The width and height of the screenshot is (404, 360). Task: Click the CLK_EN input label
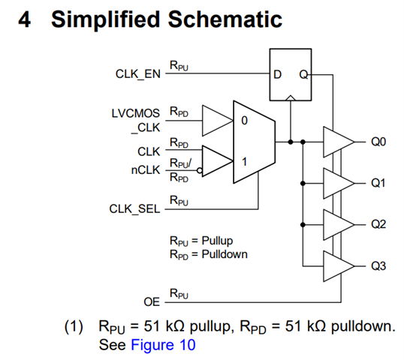[x=138, y=74]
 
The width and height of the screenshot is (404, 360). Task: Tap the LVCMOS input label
[x=136, y=113]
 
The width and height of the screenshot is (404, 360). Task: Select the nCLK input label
[x=146, y=170]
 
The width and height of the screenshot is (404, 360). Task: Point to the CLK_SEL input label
[x=134, y=209]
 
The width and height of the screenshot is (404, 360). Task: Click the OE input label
[x=152, y=301]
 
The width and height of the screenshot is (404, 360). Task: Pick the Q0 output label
[x=378, y=142]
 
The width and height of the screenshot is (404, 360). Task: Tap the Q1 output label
[x=378, y=183]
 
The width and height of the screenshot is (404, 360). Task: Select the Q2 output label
[x=378, y=225]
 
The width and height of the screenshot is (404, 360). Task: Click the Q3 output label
[x=378, y=265]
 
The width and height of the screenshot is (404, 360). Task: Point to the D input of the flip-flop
[x=277, y=74]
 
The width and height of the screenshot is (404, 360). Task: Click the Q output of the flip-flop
[x=303, y=74]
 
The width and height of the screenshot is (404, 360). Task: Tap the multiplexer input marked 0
[x=244, y=121]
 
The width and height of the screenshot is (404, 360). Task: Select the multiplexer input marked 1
[x=244, y=162]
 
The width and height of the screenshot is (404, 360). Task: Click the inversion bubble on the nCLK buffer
[x=200, y=170]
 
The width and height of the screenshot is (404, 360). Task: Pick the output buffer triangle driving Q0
[x=339, y=142]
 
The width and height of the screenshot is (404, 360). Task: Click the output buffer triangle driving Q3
[x=339, y=266]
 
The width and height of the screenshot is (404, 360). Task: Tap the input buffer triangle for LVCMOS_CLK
[x=218, y=121]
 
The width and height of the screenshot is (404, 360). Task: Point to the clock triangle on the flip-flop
[x=291, y=97]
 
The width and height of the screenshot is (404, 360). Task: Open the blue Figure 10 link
[x=163, y=345]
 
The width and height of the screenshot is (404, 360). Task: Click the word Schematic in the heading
[x=225, y=19]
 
